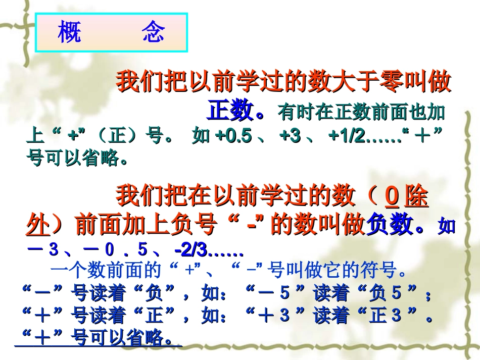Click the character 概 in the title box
click(70, 33)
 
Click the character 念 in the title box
click(154, 33)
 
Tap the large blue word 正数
click(230, 111)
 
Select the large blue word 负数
click(391, 225)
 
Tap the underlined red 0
click(392, 196)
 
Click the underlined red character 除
click(416, 196)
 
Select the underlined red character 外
click(37, 225)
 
